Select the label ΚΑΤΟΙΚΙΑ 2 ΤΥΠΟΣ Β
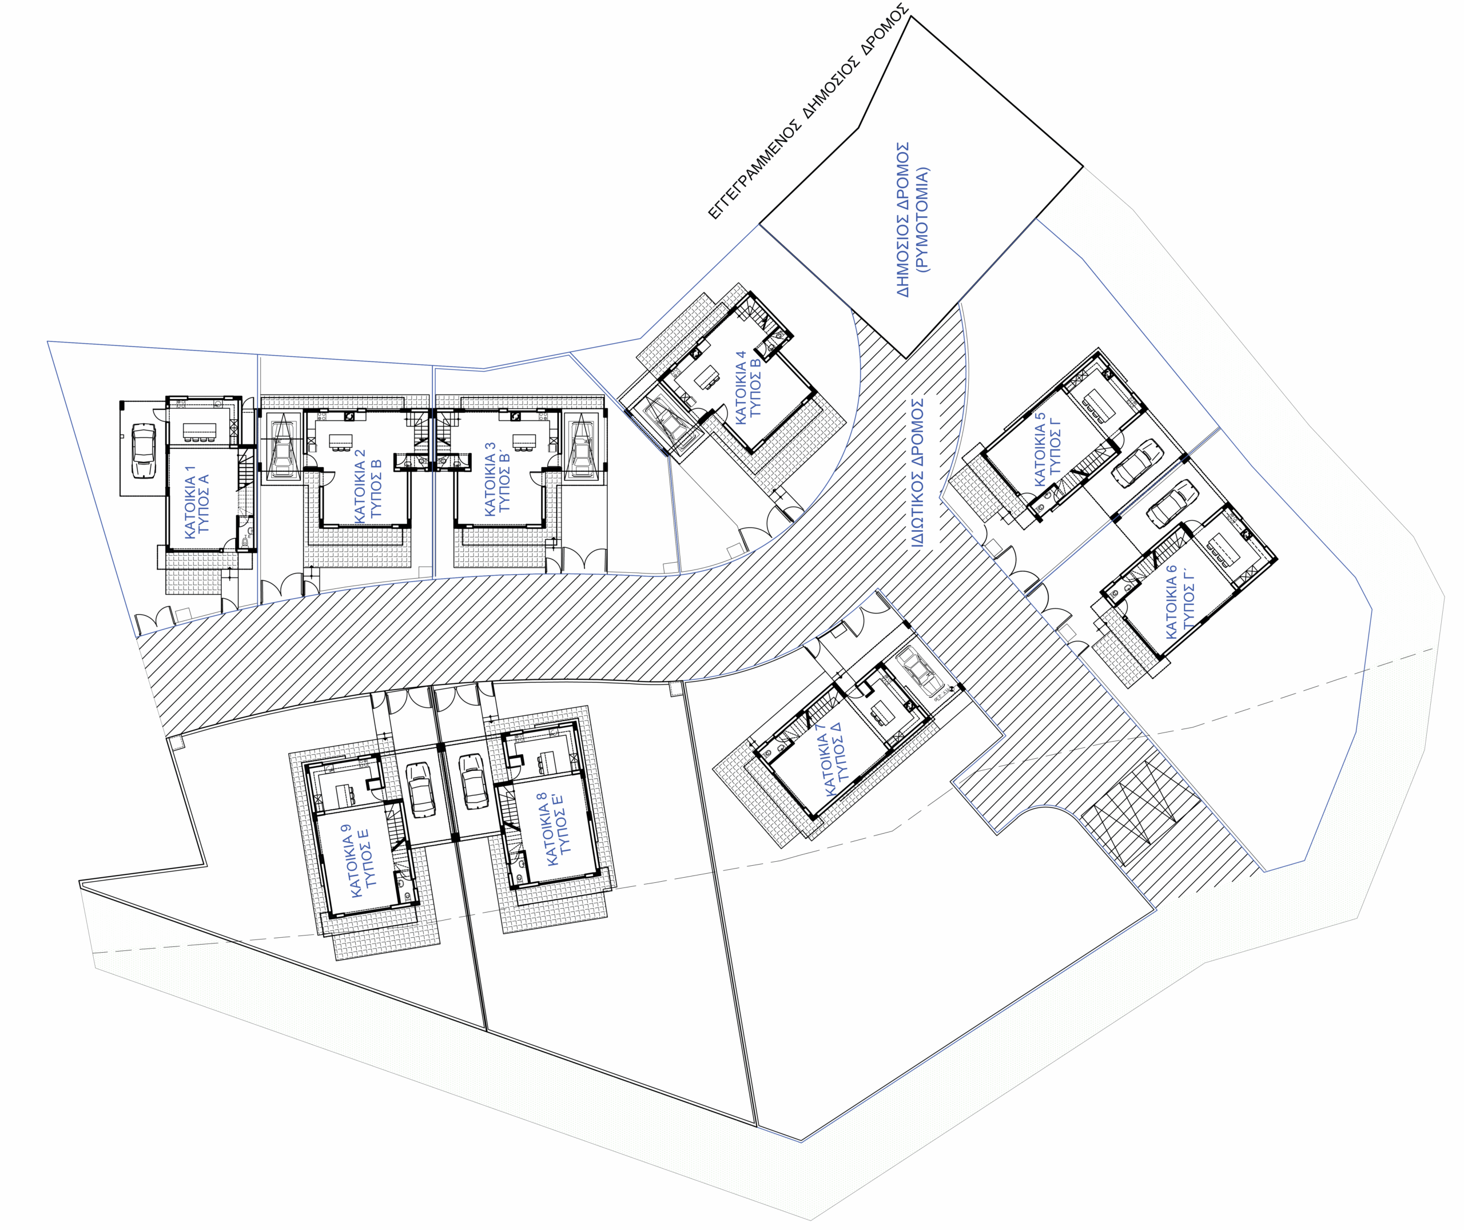(x=368, y=485)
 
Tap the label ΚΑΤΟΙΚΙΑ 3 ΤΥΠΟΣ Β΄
(x=497, y=479)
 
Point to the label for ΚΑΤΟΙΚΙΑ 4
(x=747, y=387)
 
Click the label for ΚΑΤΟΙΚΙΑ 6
(x=1180, y=601)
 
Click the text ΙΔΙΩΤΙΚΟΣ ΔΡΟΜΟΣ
(x=917, y=472)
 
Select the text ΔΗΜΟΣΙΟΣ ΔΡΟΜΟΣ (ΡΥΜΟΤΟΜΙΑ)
(x=912, y=220)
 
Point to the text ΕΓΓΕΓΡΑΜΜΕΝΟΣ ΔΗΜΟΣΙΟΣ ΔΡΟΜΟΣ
(x=809, y=112)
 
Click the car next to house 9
(x=420, y=789)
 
